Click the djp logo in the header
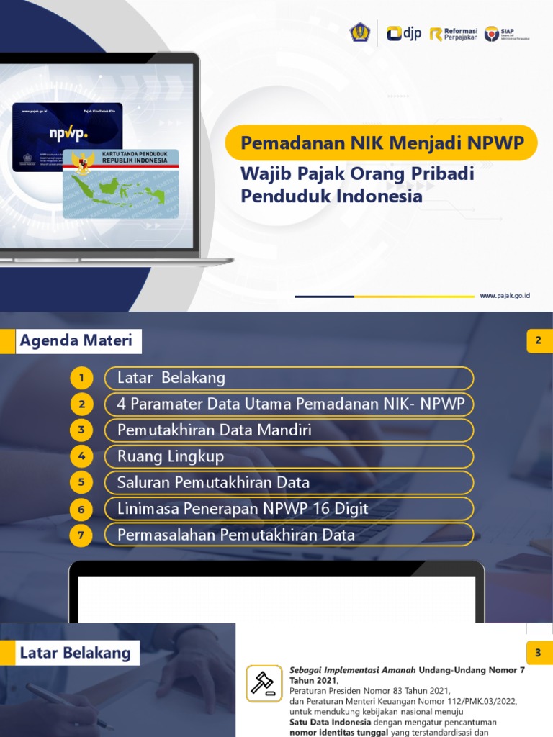(403, 33)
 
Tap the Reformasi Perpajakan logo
(453, 34)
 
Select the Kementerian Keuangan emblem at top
(359, 32)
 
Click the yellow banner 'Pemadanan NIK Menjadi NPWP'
(382, 143)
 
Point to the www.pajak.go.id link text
(505, 296)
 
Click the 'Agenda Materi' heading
(76, 341)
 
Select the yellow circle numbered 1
(82, 379)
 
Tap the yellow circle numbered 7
(82, 535)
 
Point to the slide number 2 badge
(538, 340)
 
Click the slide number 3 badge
(538, 653)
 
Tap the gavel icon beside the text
(264, 683)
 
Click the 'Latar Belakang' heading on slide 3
(75, 654)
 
